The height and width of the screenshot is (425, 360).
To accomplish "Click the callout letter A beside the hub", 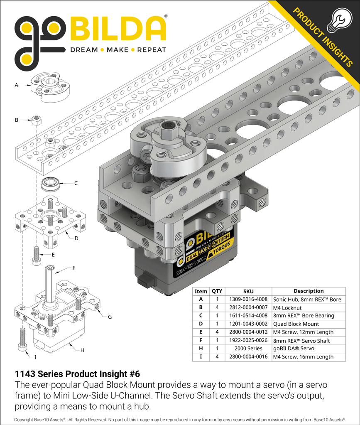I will click(x=17, y=85).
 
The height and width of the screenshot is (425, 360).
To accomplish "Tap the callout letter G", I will click(x=110, y=317).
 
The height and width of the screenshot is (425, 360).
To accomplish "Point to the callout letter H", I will click(x=82, y=350).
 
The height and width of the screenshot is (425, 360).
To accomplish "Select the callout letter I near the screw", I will click(x=35, y=356).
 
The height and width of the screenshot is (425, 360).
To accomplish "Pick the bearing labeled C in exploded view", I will click(x=50, y=182).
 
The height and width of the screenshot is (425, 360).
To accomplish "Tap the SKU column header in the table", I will click(x=248, y=291).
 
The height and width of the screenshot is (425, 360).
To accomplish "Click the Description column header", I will click(x=308, y=291).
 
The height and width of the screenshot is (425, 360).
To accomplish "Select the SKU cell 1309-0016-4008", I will click(x=248, y=299).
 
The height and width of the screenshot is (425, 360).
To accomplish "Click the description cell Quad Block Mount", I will click(x=296, y=324).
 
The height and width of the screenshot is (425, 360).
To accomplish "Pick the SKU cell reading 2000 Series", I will click(x=248, y=348).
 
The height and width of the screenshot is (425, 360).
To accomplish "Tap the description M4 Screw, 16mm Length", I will click(x=303, y=356).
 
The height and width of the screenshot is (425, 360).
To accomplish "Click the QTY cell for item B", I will click(x=217, y=307).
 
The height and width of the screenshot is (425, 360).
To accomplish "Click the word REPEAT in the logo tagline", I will click(x=152, y=50).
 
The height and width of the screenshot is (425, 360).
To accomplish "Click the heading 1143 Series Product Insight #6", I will click(x=74, y=373).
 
